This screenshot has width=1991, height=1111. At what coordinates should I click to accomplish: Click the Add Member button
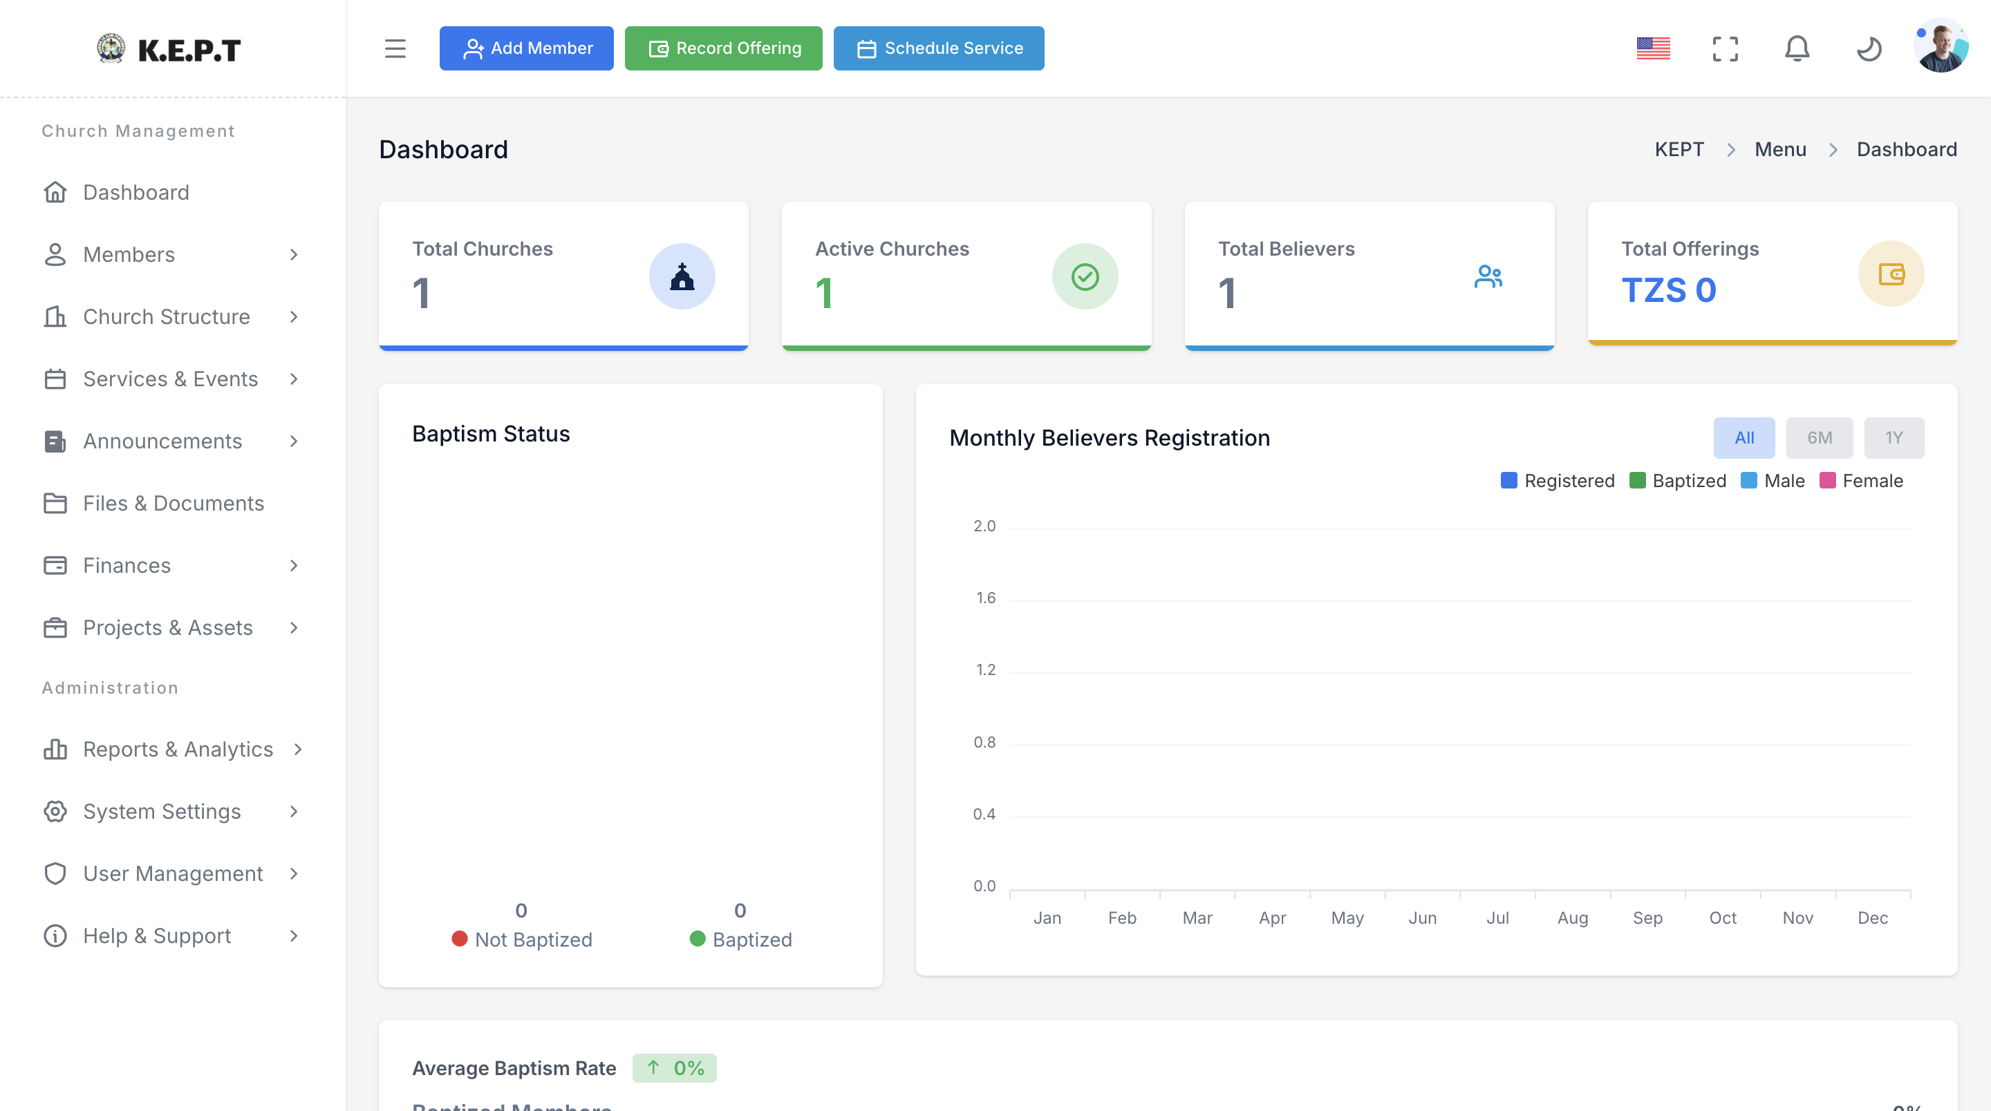526,48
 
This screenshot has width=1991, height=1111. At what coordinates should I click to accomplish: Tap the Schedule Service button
938,48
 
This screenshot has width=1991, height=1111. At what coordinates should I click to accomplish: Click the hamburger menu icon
395,48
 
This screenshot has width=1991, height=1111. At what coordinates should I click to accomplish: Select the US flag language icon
1653,48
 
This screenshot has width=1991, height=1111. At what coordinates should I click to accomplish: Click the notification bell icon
1797,48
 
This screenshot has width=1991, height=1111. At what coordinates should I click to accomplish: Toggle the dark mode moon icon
1869,48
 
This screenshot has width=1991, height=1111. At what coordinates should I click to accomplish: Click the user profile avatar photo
1941,46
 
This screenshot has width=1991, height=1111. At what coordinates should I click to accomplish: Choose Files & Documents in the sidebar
173,503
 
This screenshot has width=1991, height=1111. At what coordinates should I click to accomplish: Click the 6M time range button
1820,437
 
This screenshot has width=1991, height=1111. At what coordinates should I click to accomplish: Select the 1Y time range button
1894,437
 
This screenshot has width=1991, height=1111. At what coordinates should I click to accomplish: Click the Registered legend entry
1558,481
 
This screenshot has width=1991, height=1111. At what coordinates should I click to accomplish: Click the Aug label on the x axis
1573,918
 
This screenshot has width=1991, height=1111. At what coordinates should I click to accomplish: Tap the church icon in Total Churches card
682,276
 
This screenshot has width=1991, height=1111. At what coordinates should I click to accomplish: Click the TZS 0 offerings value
1669,290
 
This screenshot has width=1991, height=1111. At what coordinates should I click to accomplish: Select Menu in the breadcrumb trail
1780,149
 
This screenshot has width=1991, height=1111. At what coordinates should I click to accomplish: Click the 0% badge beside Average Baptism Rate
675,1067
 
